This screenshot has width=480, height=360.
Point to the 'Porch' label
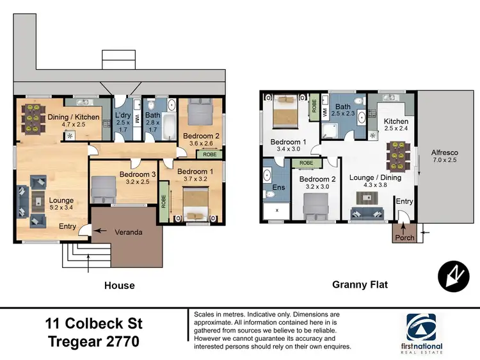pos(404,238)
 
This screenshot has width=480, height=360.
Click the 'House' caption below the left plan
pos(120,285)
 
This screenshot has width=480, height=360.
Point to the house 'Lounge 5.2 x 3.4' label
pos(61,204)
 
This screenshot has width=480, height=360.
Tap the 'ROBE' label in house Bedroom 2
pos(209,154)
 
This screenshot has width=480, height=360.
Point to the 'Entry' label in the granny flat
pos(405,202)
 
